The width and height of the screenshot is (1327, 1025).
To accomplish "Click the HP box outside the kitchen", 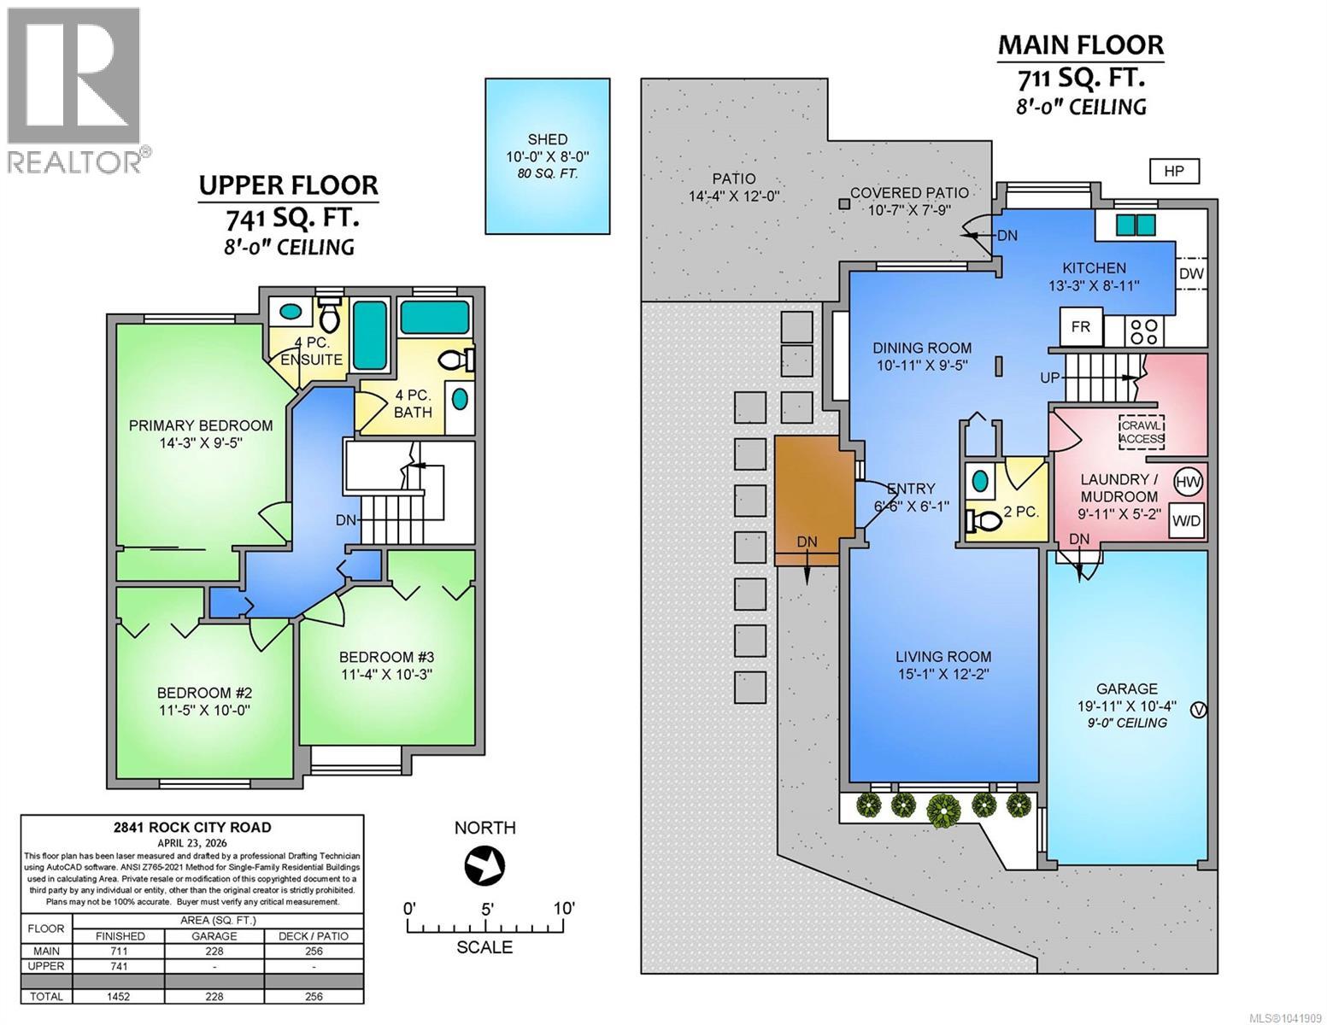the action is (1173, 171).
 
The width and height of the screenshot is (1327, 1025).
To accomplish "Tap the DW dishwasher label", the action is (1191, 273).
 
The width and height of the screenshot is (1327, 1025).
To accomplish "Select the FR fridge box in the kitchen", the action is (1080, 326).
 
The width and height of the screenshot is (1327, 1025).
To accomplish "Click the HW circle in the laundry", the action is (1189, 482).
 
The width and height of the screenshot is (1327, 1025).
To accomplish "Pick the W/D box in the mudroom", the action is (1186, 521).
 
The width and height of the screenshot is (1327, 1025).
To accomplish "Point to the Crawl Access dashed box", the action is (1142, 432).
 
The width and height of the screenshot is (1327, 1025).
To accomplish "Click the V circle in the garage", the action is (1199, 710).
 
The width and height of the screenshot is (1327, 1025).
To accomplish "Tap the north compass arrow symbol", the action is (484, 865).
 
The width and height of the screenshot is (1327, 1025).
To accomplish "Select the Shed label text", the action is (547, 139).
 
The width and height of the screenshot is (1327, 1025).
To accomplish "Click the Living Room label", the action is (943, 656).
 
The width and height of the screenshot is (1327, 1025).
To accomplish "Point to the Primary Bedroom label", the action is (200, 425).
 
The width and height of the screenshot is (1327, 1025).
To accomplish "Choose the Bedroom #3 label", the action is (386, 657).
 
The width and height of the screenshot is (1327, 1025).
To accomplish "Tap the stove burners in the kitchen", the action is (1143, 331).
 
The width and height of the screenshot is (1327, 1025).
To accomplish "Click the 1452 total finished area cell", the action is (120, 996).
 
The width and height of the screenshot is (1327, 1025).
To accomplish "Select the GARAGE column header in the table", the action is (214, 936).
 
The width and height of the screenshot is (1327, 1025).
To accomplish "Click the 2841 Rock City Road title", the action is (192, 827).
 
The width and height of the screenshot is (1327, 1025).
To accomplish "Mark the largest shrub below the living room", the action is (943, 810).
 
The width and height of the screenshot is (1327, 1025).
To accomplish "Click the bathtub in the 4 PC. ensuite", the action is (370, 335).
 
